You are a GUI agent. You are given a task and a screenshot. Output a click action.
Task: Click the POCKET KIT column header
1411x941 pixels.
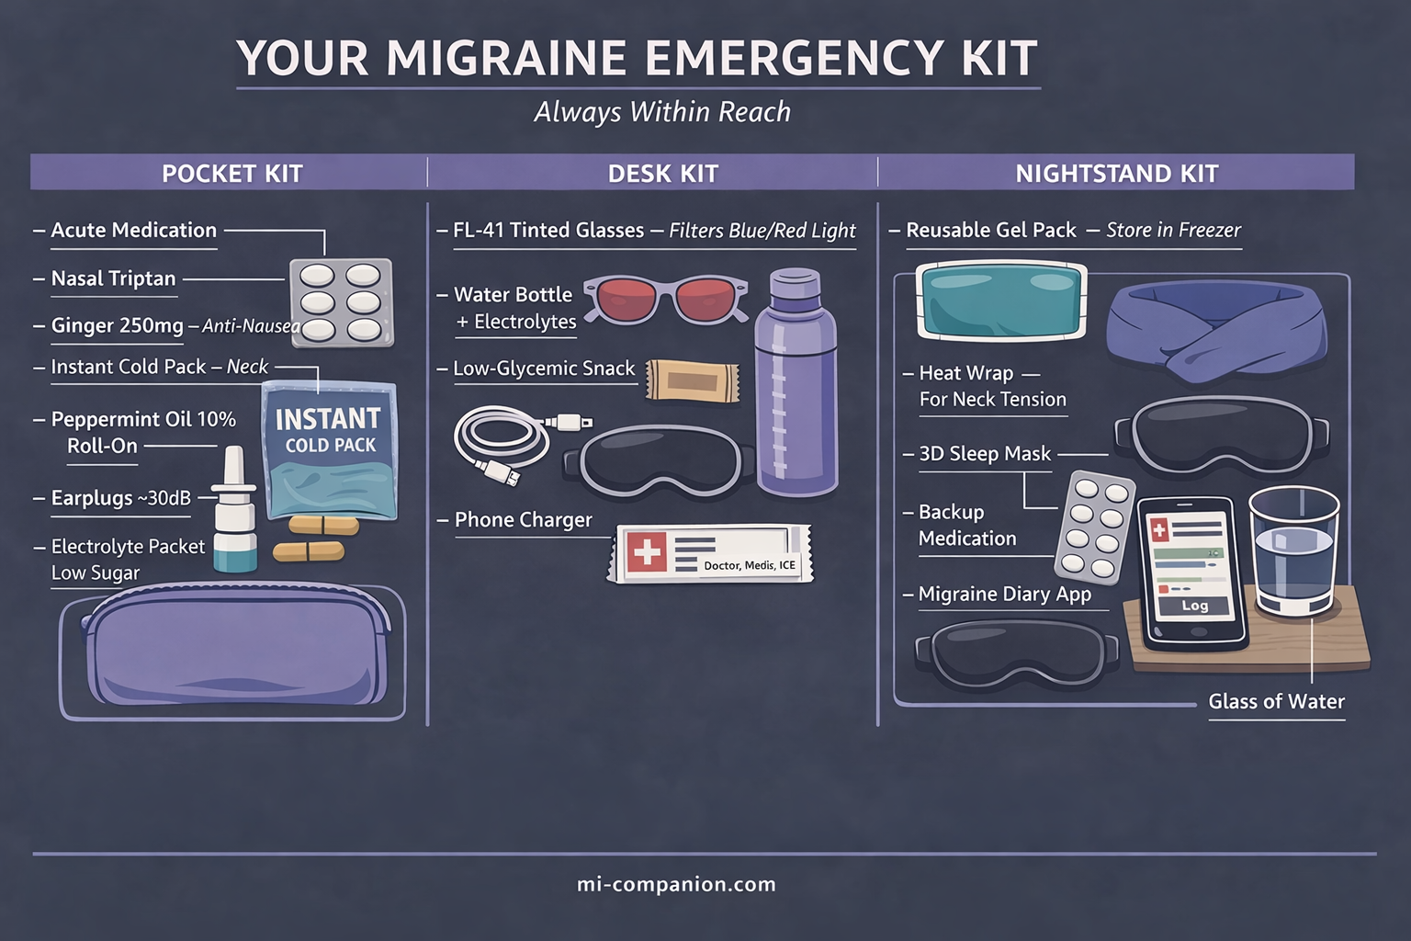tap(231, 173)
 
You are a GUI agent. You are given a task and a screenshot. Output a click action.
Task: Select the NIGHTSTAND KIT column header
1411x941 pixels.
tap(1116, 173)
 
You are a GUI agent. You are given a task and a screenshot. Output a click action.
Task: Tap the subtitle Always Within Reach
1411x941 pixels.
tap(662, 112)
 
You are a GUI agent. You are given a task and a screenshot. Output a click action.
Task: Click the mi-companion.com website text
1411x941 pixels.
tap(676, 884)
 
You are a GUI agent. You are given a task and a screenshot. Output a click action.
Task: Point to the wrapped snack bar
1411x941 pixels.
tap(692, 380)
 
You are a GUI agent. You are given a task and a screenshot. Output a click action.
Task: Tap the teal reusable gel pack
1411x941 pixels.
tap(1000, 301)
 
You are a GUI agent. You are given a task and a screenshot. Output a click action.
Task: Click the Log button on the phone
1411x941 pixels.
tap(1194, 606)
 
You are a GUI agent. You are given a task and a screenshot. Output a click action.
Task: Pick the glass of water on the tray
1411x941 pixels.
tap(1293, 550)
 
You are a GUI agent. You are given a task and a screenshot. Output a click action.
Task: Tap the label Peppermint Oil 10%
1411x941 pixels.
tap(143, 419)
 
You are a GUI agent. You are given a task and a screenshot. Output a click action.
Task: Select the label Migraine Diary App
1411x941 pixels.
tap(1004, 595)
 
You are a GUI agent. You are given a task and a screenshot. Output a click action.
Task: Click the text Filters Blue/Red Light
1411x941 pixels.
tap(762, 231)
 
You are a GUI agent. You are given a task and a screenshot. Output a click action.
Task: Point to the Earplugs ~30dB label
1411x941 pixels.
tap(120, 498)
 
